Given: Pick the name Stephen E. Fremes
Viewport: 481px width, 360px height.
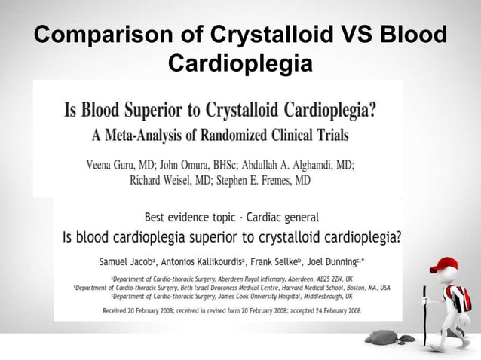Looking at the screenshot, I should [x=262, y=181].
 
